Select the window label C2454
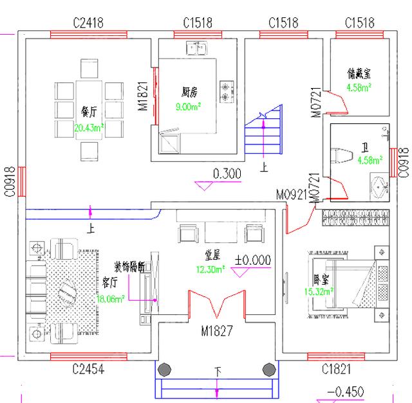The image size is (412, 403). pos(88,369)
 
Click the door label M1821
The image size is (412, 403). pos(144,95)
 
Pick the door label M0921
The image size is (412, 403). pos(291,193)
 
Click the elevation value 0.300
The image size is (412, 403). pos(227,173)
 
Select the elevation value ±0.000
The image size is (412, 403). pos(253,260)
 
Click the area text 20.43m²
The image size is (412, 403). pos(89,128)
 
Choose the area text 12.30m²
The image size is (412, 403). pos(209,269)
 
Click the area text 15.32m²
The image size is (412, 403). pos(321,291)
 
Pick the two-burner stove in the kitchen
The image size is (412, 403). pos(226,91)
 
